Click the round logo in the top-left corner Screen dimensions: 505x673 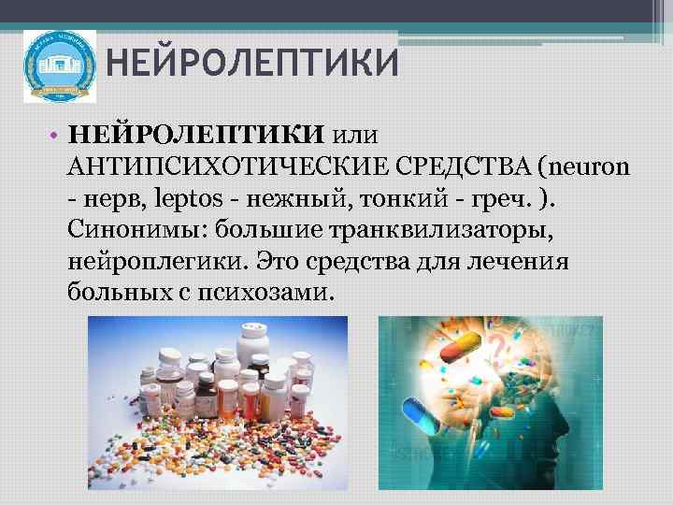tap(59, 65)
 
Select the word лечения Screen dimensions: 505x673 tap(534, 261)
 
